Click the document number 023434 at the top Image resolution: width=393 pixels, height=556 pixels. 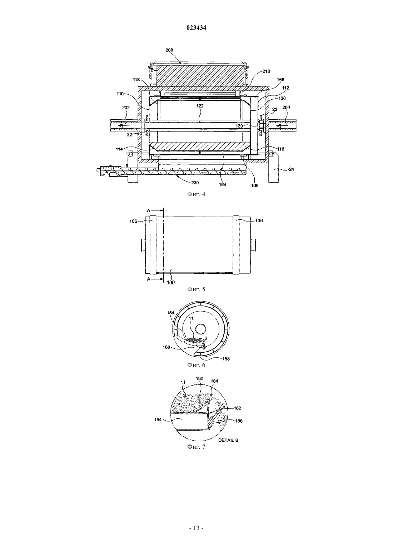pos(196,28)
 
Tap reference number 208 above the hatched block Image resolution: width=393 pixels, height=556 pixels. pos(169,50)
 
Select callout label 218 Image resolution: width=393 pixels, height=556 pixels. pos(266,71)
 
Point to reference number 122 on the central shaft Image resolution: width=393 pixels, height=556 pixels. pos(200,106)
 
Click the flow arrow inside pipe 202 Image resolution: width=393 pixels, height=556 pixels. pos(123,126)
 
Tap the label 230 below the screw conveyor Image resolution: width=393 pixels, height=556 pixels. pos(195,183)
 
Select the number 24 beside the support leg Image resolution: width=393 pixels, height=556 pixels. pos(292,169)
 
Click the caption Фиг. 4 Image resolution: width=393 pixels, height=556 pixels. pos(196,194)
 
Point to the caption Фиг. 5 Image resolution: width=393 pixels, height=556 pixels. pos(196,289)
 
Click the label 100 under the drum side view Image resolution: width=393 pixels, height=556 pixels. pos(171,282)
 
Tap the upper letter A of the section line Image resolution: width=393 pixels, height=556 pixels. pos(149,210)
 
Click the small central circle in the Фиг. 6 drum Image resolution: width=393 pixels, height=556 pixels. pos(201,329)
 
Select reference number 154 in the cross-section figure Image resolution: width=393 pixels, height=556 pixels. pos(170,313)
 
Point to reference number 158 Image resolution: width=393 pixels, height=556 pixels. pos(226,359)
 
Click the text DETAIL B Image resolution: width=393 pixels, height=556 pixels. pos(228,440)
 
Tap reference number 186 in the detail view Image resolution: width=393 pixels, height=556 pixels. pos(239,421)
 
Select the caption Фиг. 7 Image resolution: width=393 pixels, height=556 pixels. pos(196,447)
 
